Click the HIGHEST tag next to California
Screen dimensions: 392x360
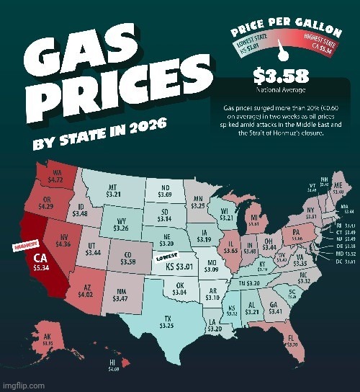click(25, 246)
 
